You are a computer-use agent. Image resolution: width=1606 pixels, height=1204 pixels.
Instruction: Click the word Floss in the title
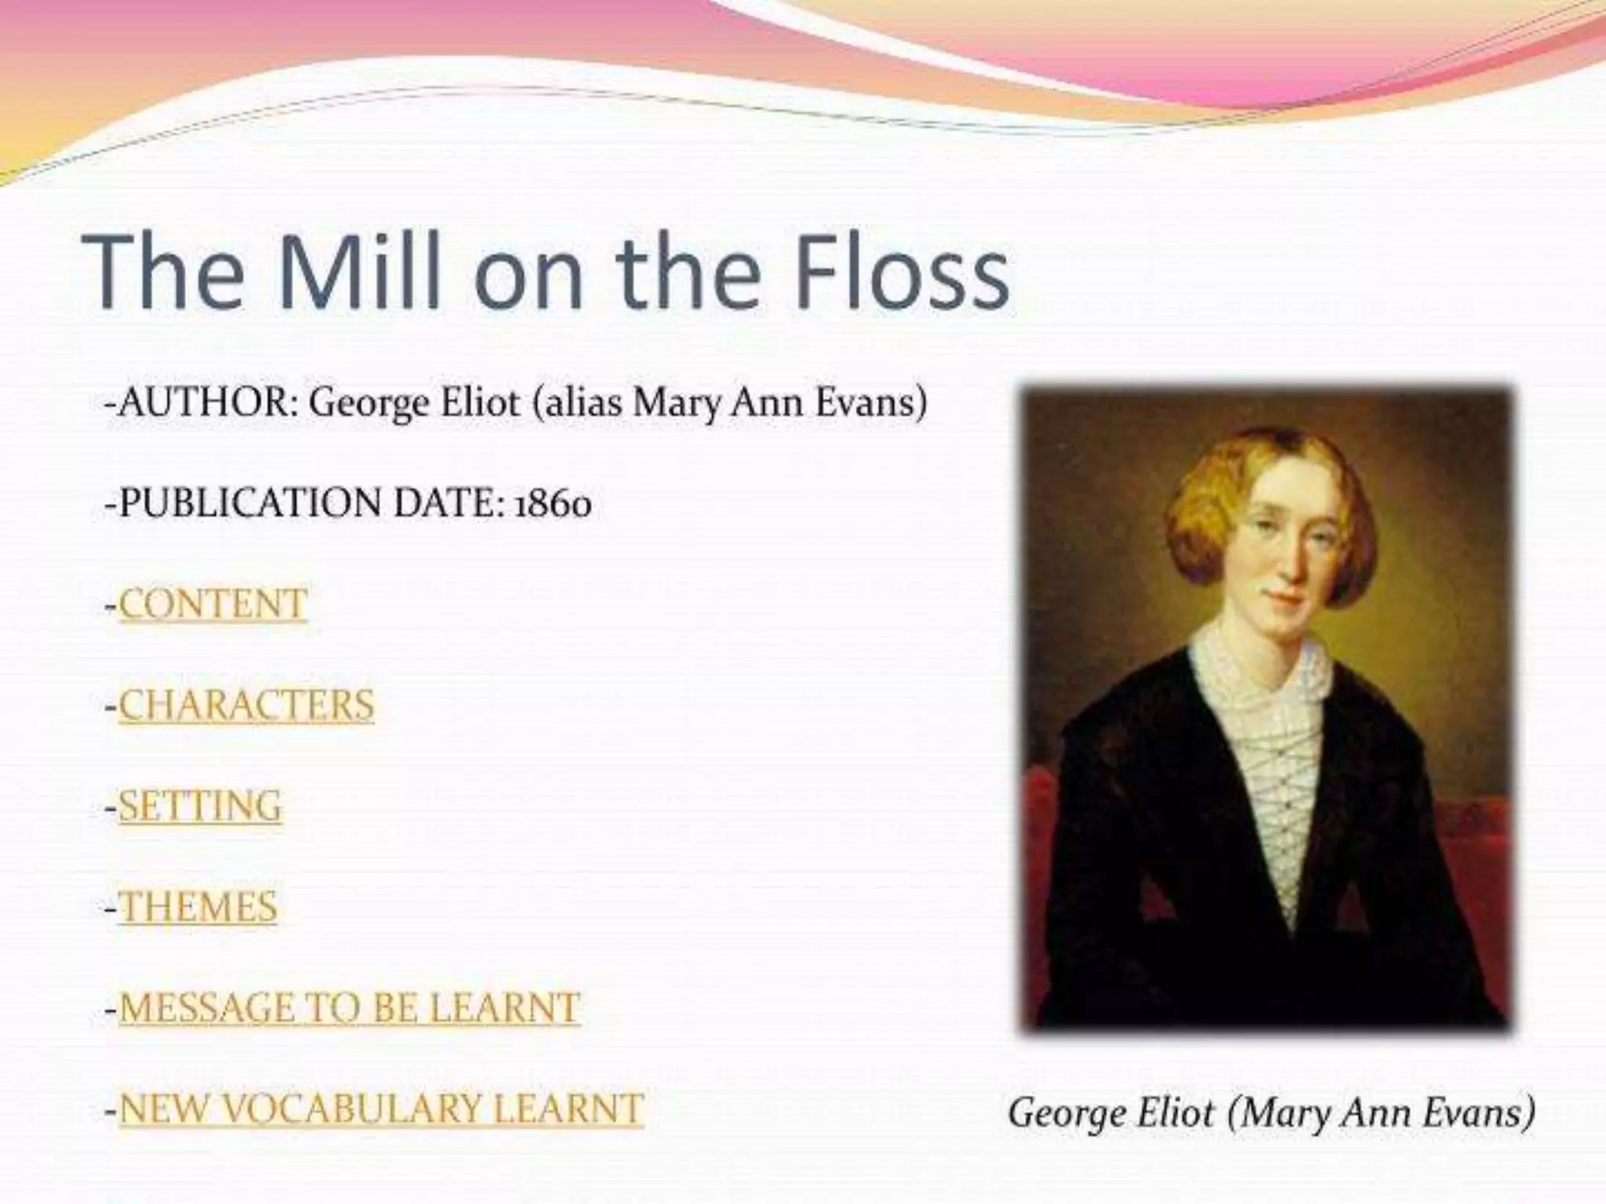click(902, 270)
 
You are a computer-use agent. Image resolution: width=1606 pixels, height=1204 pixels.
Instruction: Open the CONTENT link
click(213, 604)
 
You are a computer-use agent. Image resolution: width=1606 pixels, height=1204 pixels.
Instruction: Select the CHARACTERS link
click(246, 705)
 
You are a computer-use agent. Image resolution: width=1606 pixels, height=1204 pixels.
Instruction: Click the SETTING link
click(200, 806)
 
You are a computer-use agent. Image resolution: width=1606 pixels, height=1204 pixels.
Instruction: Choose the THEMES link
click(198, 907)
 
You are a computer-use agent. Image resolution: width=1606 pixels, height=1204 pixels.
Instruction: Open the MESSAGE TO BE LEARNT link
click(349, 1008)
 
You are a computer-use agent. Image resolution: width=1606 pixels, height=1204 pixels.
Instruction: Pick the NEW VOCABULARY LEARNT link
click(381, 1109)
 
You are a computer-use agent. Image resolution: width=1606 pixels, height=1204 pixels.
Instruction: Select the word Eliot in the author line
click(480, 404)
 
